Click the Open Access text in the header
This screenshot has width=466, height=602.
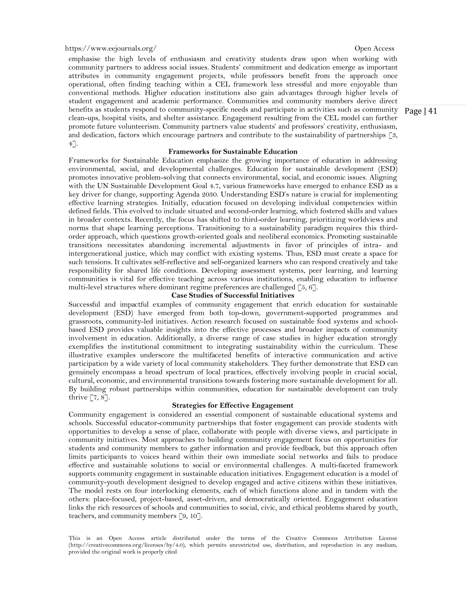[374, 49]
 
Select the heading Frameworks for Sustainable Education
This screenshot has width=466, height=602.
[233, 152]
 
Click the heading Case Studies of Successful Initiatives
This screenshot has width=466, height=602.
[233, 295]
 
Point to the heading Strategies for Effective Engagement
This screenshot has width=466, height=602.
[233, 405]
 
